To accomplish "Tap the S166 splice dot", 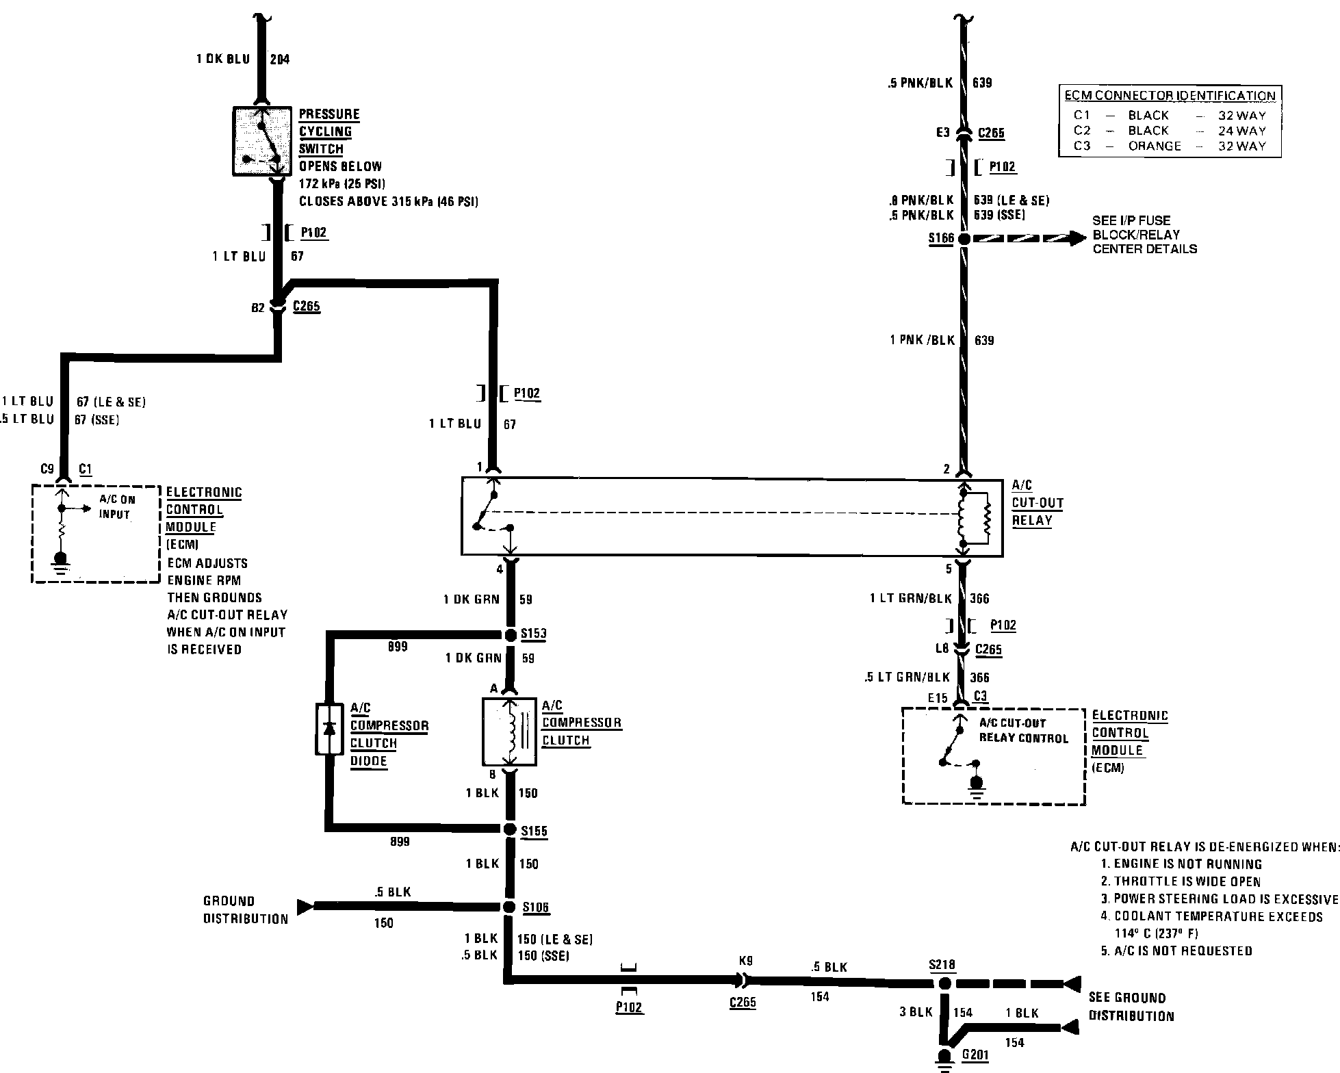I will point(963,239).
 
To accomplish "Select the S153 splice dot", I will point(510,635).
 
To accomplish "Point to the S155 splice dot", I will point(510,829).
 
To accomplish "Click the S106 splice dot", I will point(509,907).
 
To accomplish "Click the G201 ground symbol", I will point(944,1057).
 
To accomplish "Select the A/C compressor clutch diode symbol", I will point(329,729).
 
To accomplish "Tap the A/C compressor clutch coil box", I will point(509,732).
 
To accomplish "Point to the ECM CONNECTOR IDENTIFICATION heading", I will point(1170,96).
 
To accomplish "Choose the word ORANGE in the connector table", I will point(1155,146).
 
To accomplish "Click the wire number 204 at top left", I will point(279,60).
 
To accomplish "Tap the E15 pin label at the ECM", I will point(938,698).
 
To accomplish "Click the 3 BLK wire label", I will point(916,1012).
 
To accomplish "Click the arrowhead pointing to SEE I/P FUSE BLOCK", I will point(1077,238).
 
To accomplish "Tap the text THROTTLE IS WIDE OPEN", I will point(1186,882).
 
